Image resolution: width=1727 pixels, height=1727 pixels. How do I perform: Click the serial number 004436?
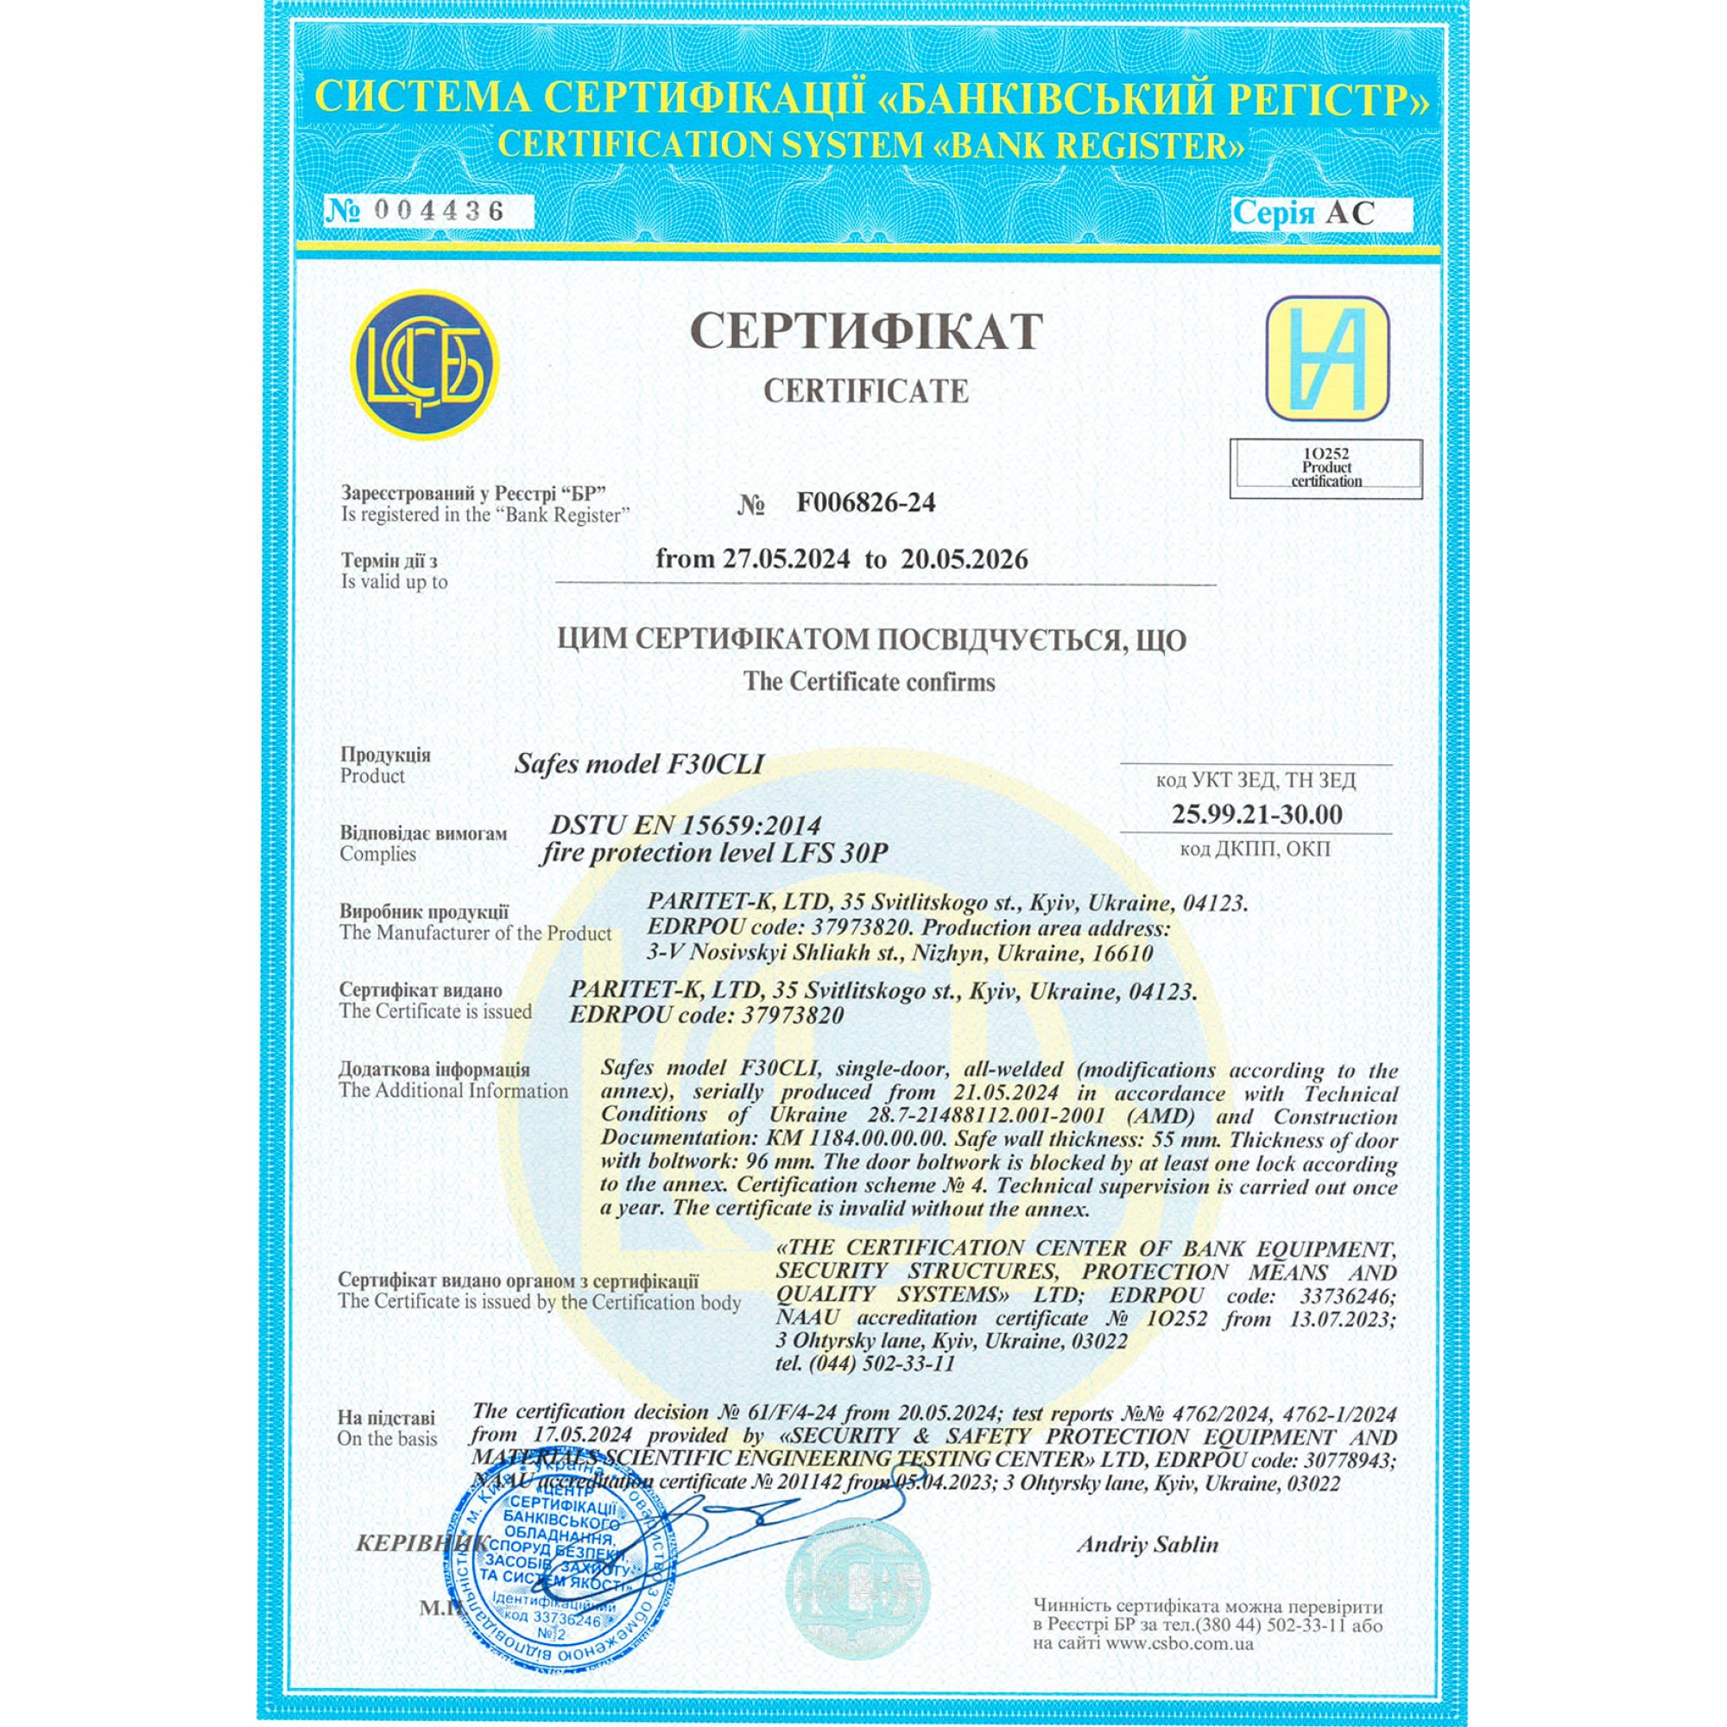439,212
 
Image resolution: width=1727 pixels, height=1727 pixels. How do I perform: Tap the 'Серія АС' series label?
1302,212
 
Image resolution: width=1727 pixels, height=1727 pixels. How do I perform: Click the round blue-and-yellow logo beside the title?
423,364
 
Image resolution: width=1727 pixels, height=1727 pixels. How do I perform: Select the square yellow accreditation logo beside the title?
1327,358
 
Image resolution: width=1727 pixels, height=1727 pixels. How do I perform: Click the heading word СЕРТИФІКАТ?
865,332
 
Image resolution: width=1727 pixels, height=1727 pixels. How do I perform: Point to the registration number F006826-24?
865,503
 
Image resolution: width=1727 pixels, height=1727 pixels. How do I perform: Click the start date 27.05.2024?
787,560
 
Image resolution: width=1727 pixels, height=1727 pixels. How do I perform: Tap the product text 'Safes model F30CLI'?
639,764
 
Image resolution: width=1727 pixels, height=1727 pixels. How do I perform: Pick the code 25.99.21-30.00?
1256,814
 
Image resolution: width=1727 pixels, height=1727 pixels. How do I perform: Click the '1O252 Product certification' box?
1325,468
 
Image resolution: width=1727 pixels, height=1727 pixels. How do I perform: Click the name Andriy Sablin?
1147,1545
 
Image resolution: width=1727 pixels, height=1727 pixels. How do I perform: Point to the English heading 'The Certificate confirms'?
869,682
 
